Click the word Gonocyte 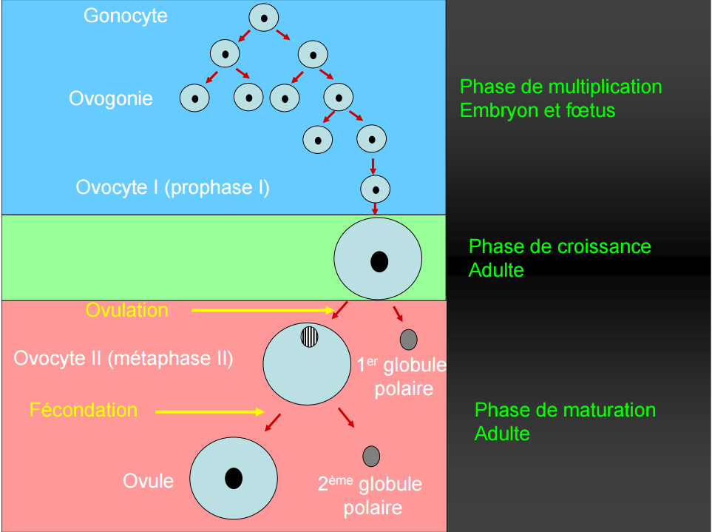click(x=126, y=16)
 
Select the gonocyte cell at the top click(x=263, y=17)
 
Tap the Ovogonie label click(x=111, y=98)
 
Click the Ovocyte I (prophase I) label click(x=172, y=187)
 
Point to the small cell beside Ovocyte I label click(x=375, y=189)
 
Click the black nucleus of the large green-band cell click(x=379, y=261)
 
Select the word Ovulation click(x=127, y=310)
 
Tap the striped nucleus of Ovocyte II click(x=309, y=337)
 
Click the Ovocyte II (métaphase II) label click(x=123, y=359)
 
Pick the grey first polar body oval click(x=408, y=340)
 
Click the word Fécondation click(x=84, y=410)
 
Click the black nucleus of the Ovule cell click(x=234, y=478)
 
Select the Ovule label click(x=148, y=481)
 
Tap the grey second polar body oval click(x=371, y=457)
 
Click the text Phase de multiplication click(x=560, y=87)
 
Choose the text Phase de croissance click(x=560, y=246)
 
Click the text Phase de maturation click(x=565, y=410)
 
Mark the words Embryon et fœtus click(x=538, y=110)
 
